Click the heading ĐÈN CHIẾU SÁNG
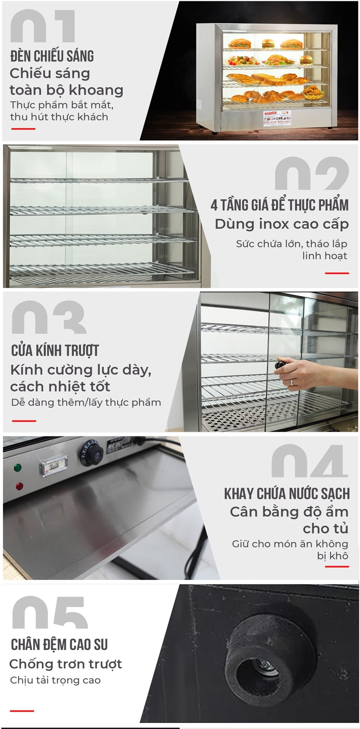pos(52,56)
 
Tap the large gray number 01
pos(43,27)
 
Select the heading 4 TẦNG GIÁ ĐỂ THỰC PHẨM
pos(279,205)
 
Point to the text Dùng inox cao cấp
pos(282,224)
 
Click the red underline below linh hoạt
pos(336,273)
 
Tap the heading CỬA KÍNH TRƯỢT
pos(55,351)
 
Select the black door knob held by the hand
pos(280,365)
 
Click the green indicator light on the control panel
pos(18,467)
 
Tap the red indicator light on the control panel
pos(19,486)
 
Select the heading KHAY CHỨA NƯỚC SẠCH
pos(287,494)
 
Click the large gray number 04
pos(309,461)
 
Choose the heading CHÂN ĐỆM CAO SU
pos(59,645)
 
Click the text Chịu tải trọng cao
pos(55,680)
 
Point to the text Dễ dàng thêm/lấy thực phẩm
pos(86,402)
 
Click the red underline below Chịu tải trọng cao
pos(22,711)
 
